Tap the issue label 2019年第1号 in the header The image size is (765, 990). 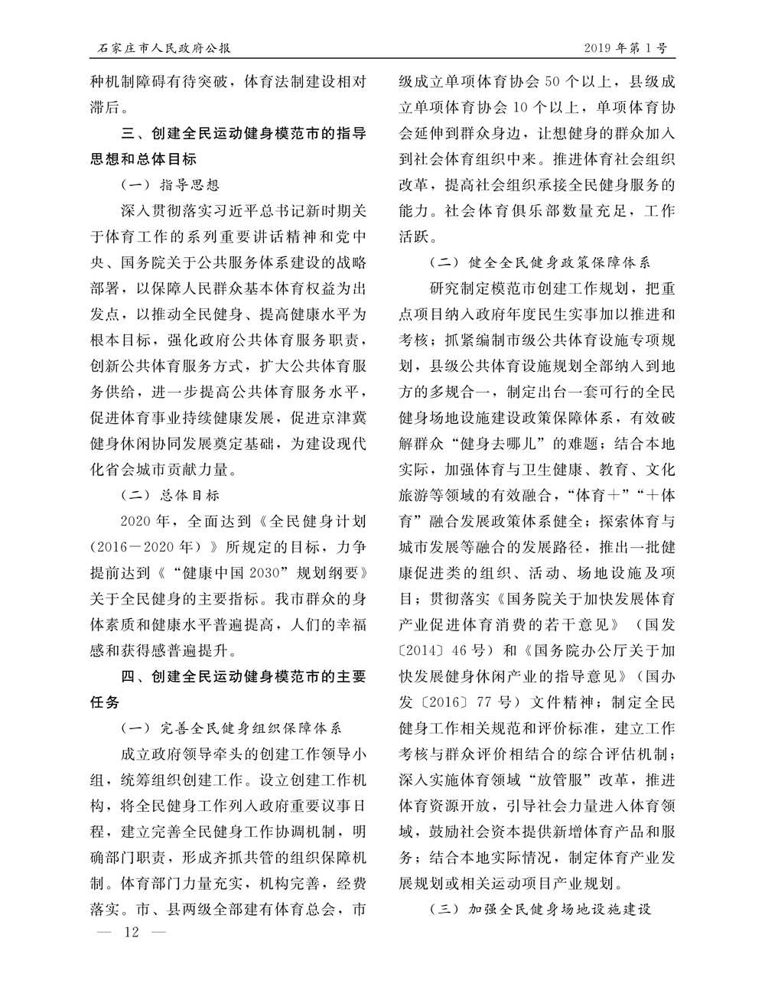pyautogui.click(x=625, y=47)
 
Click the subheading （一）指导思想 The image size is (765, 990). pyautogui.click(x=171, y=184)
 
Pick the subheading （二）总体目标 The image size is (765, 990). pyautogui.click(x=171, y=495)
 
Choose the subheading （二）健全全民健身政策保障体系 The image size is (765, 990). pyautogui.click(x=540, y=262)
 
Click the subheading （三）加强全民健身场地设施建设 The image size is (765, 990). pyautogui.click(x=540, y=910)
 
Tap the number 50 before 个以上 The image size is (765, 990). pyautogui.click(x=559, y=80)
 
